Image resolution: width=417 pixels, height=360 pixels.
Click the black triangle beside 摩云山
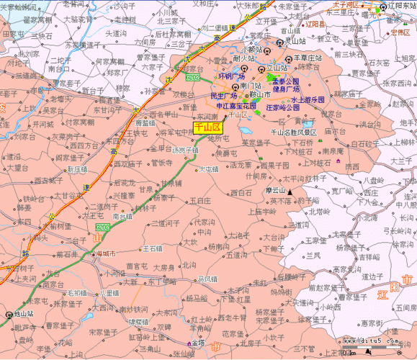[291, 192]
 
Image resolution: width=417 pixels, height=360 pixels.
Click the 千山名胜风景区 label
[293, 132]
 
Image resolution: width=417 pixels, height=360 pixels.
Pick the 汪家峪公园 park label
[283, 107]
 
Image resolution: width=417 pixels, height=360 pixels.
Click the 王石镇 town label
[153, 248]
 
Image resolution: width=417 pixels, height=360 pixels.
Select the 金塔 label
[197, 344]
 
